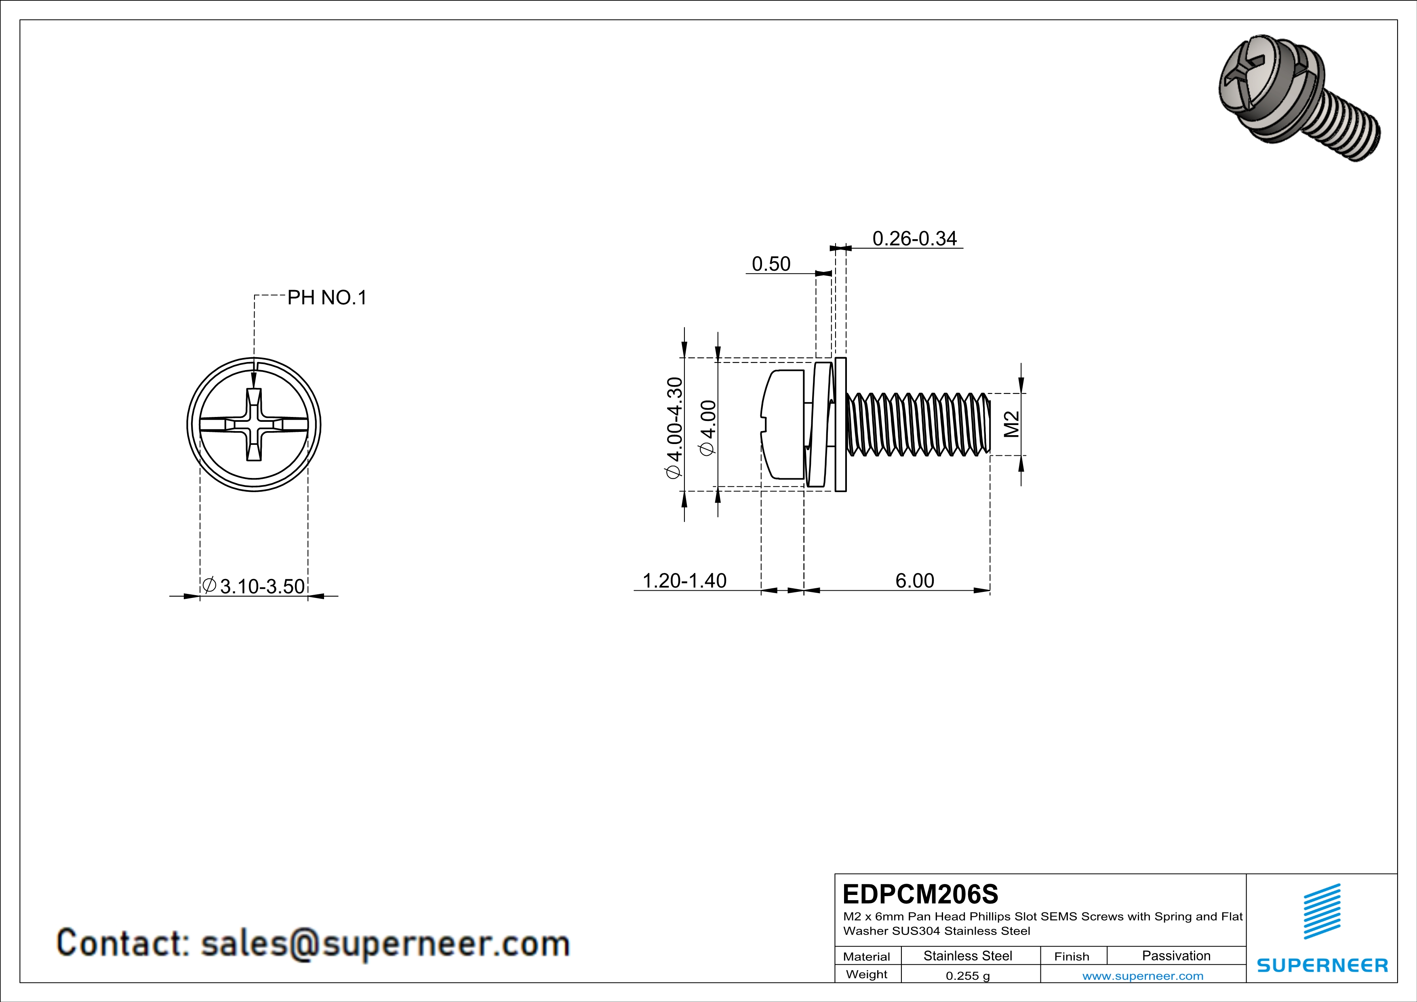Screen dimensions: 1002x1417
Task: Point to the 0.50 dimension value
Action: [x=771, y=264]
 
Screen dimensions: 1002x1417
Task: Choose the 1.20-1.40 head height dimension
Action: [x=684, y=581]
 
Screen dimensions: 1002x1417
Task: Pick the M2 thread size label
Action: [x=1011, y=425]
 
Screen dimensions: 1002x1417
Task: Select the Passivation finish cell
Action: [x=1176, y=956]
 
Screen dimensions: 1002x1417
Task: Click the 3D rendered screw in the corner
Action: [x=1296, y=99]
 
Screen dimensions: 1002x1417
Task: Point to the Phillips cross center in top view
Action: [x=254, y=425]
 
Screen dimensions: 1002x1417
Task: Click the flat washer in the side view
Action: [x=840, y=425]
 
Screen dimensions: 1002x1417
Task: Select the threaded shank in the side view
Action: [x=918, y=425]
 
